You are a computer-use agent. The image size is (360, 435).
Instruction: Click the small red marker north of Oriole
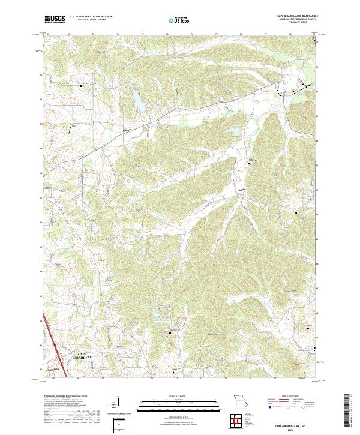236,161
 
